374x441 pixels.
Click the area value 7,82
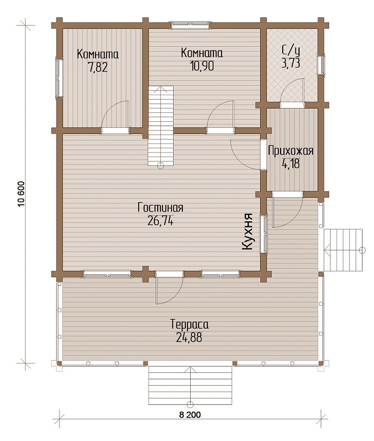(x=98, y=68)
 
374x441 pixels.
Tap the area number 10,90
(x=202, y=66)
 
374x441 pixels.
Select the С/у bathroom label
(x=291, y=51)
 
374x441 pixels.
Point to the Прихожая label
(x=291, y=151)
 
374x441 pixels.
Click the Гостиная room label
(x=160, y=207)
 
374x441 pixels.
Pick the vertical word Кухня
(x=248, y=232)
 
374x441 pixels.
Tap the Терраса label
(x=190, y=324)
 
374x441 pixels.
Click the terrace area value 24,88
(x=189, y=337)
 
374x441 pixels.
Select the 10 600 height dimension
(x=22, y=194)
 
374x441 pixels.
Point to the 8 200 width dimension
(x=190, y=414)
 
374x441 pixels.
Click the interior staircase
(x=160, y=126)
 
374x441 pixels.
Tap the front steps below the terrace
(x=190, y=385)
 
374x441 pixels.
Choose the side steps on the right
(x=343, y=250)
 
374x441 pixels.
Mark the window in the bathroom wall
(x=321, y=64)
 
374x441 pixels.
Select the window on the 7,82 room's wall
(x=59, y=78)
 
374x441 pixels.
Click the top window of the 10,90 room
(x=190, y=25)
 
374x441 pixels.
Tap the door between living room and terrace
(x=169, y=287)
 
